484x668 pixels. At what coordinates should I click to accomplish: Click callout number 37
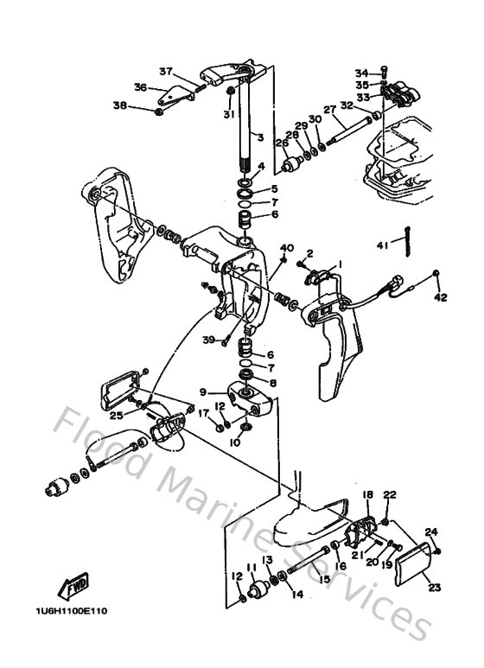166,71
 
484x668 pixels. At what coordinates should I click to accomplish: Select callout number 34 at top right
360,73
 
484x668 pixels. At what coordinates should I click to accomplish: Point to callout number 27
329,110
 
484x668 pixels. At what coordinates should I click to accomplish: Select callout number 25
116,416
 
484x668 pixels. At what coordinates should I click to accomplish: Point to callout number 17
204,414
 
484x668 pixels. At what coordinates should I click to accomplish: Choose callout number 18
367,495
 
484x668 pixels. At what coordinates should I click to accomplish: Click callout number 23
434,587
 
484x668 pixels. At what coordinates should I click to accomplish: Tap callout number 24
432,532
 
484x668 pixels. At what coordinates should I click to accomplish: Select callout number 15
325,579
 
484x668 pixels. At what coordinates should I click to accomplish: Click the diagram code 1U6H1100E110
72,611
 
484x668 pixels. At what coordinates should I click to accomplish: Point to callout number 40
288,248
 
